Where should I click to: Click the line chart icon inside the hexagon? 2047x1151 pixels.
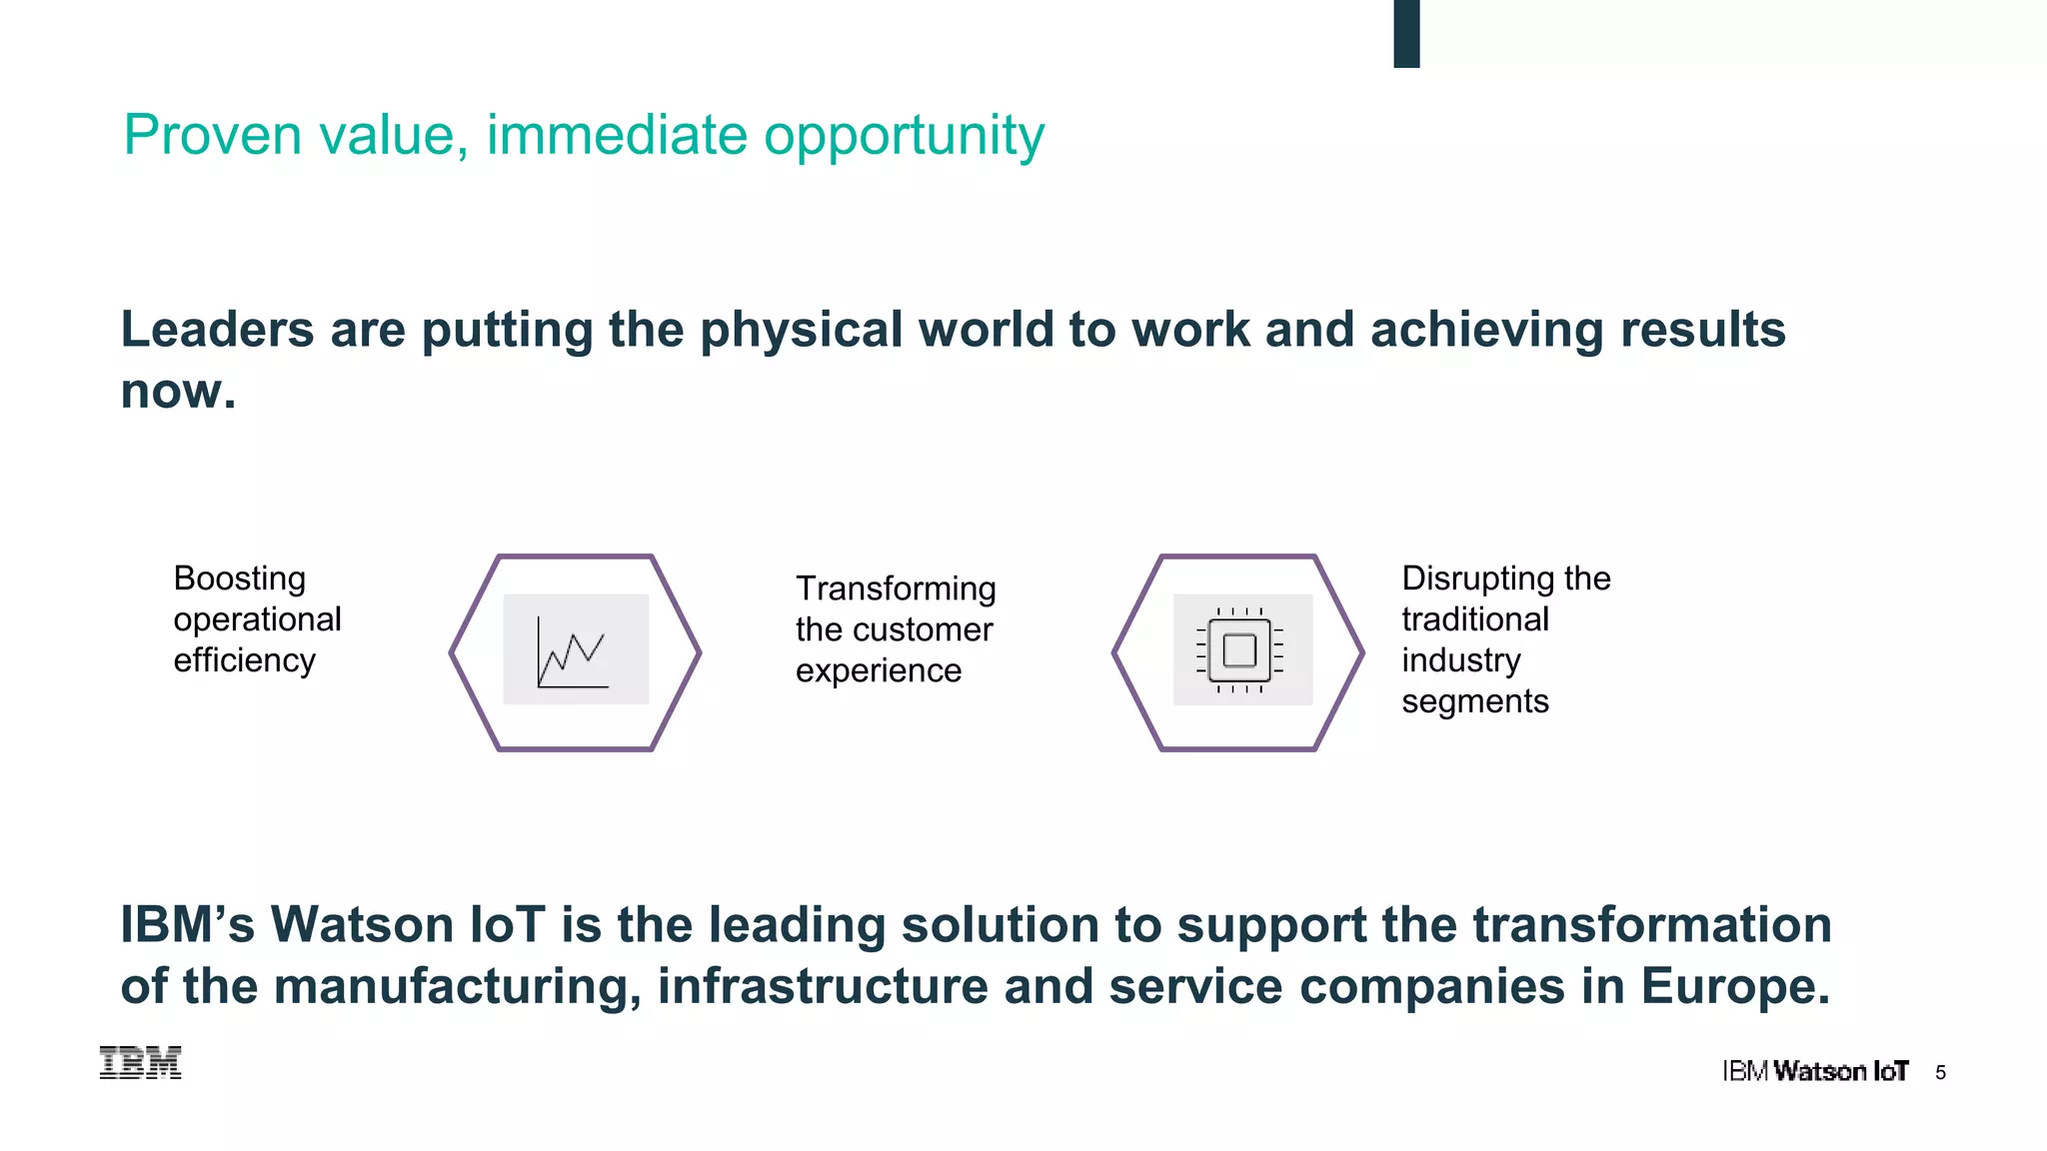(573, 652)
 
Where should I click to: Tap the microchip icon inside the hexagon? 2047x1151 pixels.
(1239, 650)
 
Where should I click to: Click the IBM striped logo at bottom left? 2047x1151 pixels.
(141, 1063)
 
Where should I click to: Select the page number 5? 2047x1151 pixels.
(1940, 1073)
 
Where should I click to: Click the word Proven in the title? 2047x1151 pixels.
(212, 135)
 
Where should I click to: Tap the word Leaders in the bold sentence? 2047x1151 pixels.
(217, 330)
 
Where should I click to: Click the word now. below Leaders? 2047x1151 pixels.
(178, 391)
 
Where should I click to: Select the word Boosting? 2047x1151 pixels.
(240, 578)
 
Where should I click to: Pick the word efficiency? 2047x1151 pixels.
(244, 660)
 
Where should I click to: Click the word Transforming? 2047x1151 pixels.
(896, 589)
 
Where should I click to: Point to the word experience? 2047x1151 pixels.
(879, 671)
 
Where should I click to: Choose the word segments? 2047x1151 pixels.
(1475, 701)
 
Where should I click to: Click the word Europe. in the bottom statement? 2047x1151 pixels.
(1735, 986)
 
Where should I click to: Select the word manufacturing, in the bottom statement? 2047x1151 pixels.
(457, 986)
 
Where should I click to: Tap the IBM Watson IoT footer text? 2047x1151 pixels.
(1815, 1072)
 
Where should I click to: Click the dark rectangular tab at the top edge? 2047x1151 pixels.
(1406, 33)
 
